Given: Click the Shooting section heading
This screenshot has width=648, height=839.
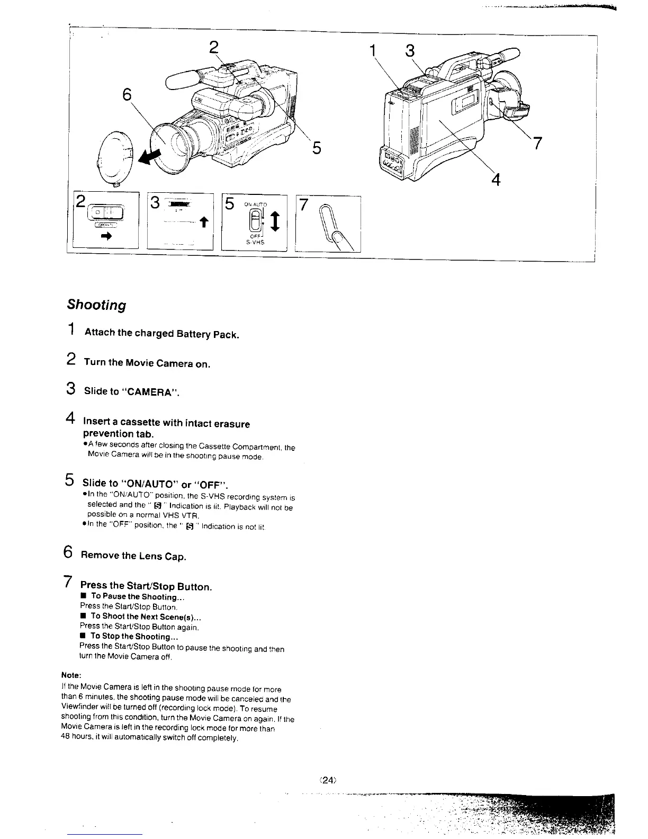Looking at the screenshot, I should pyautogui.click(x=96, y=305).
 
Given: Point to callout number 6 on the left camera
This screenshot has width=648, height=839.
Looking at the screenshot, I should pyautogui.click(x=127, y=95).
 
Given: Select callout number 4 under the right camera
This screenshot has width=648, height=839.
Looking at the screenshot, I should pyautogui.click(x=496, y=180).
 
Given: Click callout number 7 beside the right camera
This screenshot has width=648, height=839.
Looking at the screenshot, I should pyautogui.click(x=537, y=143).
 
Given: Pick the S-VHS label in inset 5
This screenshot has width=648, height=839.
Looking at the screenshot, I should pyautogui.click(x=255, y=243).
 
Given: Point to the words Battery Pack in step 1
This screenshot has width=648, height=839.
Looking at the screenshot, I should pyautogui.click(x=208, y=334).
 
